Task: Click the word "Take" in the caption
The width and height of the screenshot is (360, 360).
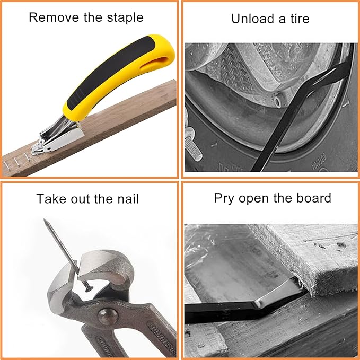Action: tap(51, 199)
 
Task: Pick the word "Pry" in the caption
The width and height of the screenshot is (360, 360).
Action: tap(224, 199)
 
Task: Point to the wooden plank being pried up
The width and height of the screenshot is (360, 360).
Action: tap(313, 254)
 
